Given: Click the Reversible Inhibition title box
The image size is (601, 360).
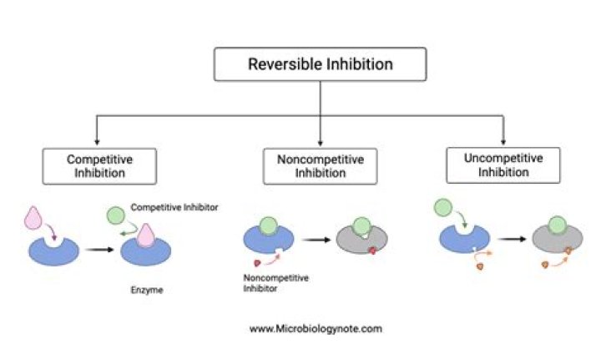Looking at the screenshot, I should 321,64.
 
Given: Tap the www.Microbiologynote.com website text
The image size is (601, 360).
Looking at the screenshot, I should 316,328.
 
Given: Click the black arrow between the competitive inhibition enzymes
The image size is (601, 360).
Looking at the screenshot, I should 97,249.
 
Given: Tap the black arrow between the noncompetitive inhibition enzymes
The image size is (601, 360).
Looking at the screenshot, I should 313,241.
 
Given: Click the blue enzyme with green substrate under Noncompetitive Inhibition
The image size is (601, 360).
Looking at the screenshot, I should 267,239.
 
